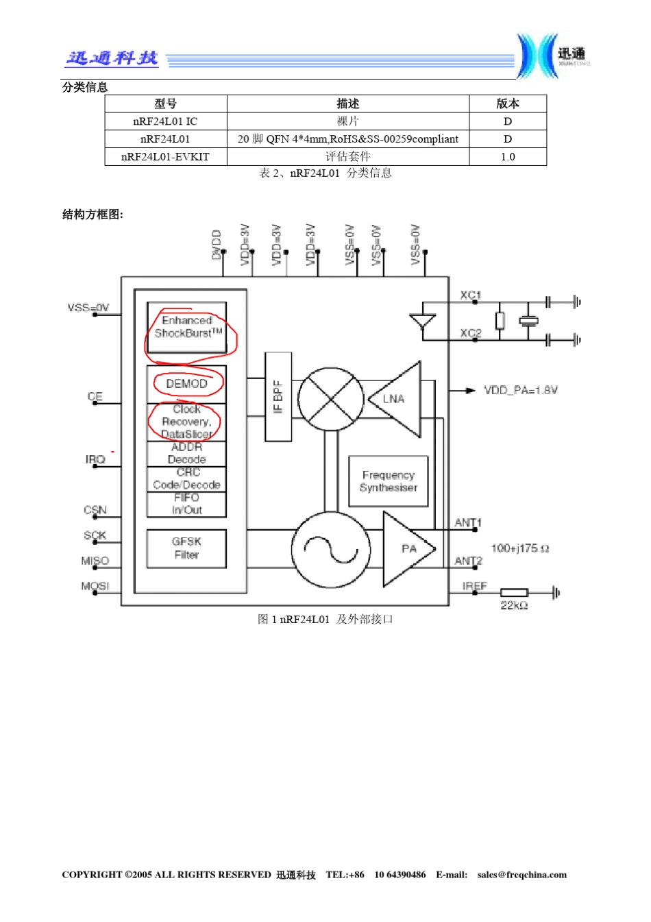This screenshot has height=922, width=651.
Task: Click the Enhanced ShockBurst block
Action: (186, 327)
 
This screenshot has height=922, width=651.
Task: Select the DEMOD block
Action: (186, 384)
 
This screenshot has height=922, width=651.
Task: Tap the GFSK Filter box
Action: (186, 548)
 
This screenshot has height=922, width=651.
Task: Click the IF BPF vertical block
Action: (278, 397)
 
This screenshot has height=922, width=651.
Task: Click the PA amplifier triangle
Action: (406, 549)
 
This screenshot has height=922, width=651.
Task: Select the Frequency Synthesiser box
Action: (389, 481)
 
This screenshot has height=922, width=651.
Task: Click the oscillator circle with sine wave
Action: (331, 549)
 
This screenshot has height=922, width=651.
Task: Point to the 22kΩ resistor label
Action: (514, 605)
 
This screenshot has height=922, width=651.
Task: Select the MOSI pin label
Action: (95, 586)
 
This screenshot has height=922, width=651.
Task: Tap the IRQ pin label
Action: (95, 459)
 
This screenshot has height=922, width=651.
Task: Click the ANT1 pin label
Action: (468, 523)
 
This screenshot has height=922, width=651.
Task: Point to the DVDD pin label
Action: (217, 245)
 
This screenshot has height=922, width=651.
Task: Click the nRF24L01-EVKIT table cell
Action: (165, 157)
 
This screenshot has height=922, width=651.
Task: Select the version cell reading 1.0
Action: (508, 157)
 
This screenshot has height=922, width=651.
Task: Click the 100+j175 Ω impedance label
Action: (520, 548)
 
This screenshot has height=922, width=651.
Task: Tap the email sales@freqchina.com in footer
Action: (521, 875)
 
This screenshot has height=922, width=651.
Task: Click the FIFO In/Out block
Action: (186, 504)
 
